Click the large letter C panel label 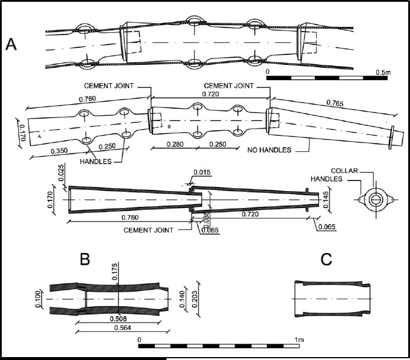pyautogui.click(x=327, y=259)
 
